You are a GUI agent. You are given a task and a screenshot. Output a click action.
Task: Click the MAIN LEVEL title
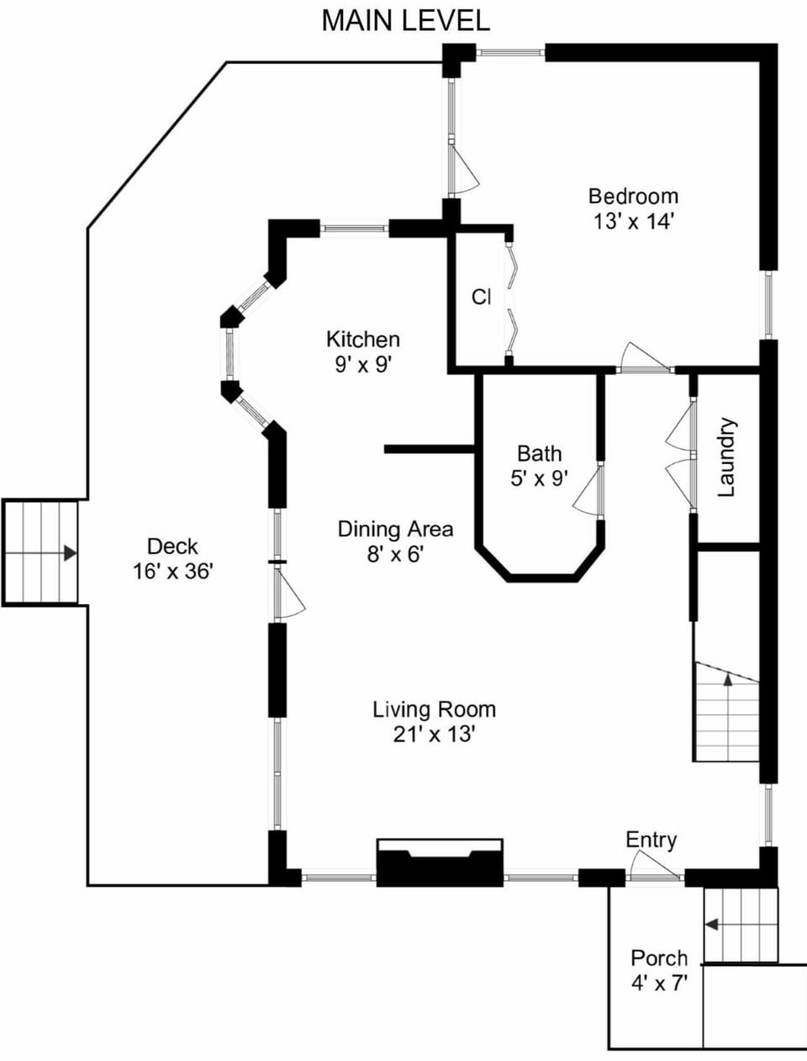click(405, 21)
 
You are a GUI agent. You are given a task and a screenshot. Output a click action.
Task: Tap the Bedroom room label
click(633, 196)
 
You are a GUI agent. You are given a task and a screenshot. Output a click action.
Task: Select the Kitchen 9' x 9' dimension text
click(363, 365)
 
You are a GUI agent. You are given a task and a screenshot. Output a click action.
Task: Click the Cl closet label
click(482, 297)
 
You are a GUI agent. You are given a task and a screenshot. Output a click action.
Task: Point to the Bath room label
click(540, 453)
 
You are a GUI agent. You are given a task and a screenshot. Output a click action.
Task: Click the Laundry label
click(727, 457)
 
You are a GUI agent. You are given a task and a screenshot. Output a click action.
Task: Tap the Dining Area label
click(395, 529)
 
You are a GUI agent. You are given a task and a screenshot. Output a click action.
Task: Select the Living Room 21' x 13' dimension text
click(435, 735)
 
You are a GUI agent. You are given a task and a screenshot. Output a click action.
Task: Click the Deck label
click(172, 546)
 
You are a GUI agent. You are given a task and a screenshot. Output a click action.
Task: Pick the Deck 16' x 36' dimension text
click(173, 572)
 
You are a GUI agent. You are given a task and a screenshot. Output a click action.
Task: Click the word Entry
click(651, 840)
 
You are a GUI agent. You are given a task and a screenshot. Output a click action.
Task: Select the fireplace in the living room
click(440, 863)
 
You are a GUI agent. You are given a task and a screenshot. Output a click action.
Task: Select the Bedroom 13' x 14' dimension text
click(633, 222)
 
